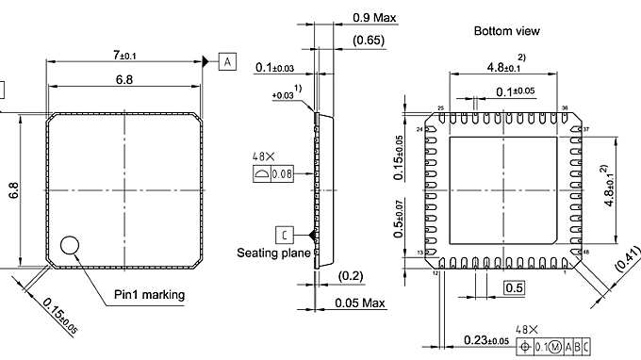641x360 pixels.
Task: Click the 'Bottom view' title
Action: click(x=507, y=31)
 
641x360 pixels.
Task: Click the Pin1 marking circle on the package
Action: click(x=71, y=245)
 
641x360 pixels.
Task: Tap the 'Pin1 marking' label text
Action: click(x=149, y=295)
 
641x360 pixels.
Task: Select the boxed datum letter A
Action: click(x=228, y=62)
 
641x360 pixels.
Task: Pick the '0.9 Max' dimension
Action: click(x=372, y=17)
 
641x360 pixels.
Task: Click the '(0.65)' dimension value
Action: click(x=368, y=41)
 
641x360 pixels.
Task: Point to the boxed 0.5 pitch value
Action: click(x=514, y=287)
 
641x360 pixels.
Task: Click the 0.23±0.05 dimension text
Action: click(x=488, y=340)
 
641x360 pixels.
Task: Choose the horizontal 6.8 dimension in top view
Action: click(x=123, y=81)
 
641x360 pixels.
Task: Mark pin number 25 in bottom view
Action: click(x=440, y=108)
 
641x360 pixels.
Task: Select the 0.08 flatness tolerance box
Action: click(x=283, y=174)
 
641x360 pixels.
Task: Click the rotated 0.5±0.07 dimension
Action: click(x=401, y=219)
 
